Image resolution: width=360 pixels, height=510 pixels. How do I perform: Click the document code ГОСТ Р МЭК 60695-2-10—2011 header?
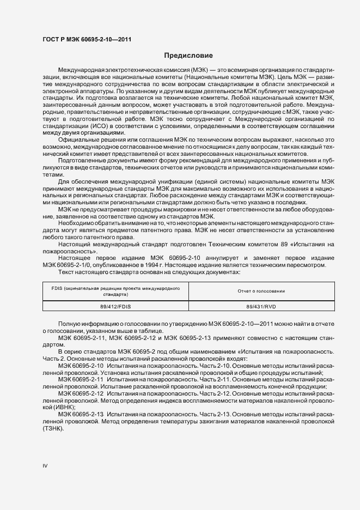87,40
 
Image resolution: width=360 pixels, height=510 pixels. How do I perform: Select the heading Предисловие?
185,56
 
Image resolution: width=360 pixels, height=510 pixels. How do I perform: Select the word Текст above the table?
68,272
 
